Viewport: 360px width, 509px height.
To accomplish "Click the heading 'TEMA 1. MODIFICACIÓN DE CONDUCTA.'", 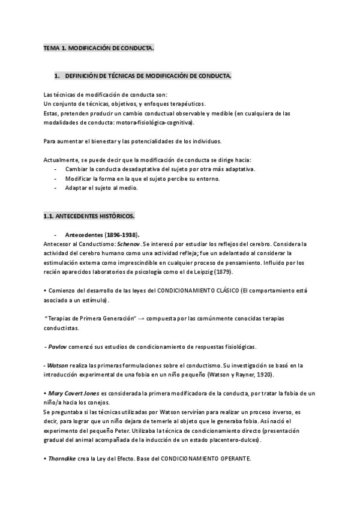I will pos(98,47).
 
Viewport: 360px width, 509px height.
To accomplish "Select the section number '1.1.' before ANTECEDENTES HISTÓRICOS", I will pos(49,215).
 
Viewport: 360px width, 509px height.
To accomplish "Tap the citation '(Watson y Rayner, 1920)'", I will pos(239,375).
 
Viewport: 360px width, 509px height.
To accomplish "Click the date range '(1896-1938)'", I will pos(130,235).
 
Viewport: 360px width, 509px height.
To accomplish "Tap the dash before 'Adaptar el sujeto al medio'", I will pos(55,188).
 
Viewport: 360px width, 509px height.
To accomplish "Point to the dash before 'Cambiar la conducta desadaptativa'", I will pos(55,170).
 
